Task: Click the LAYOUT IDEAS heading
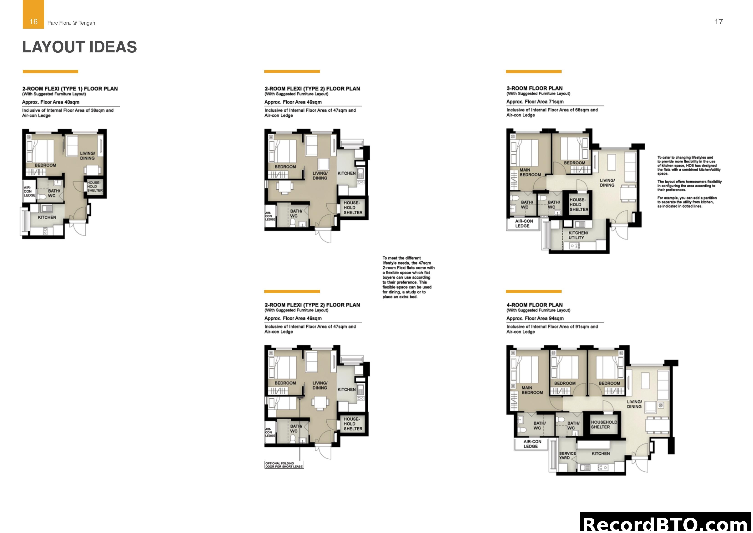tap(79, 47)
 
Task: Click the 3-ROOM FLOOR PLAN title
tap(534, 88)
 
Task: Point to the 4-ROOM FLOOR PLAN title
tap(534, 305)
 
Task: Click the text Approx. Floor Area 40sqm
tap(51, 102)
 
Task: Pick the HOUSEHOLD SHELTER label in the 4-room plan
tap(604, 425)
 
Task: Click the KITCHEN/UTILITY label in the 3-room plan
tap(578, 235)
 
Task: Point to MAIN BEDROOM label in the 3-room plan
tap(530, 173)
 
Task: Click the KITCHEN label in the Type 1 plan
tap(47, 217)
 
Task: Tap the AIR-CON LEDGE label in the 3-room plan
tap(524, 223)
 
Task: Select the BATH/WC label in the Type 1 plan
tap(53, 193)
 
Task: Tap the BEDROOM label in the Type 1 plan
tap(45, 165)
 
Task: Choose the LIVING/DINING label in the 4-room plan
tap(634, 404)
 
